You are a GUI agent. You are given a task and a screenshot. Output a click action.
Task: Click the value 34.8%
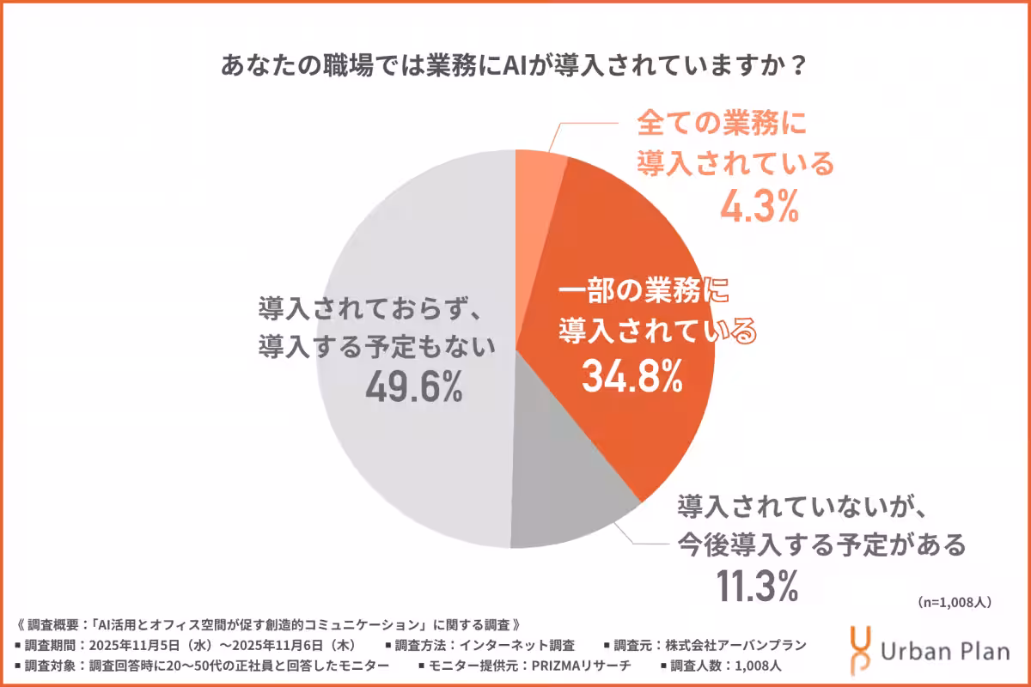point(632,375)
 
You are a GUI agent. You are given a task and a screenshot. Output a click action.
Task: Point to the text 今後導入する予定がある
point(821,544)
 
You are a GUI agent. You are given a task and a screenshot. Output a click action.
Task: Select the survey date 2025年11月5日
point(138,645)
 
